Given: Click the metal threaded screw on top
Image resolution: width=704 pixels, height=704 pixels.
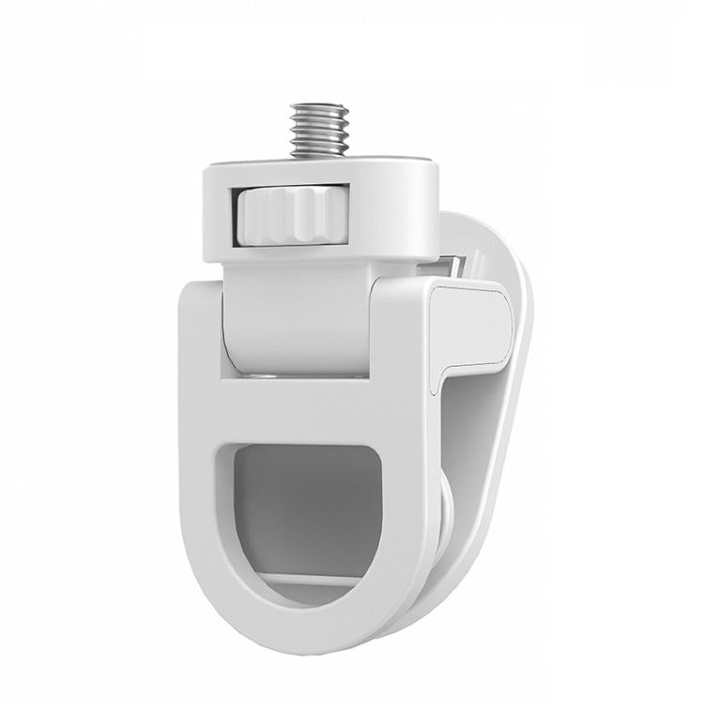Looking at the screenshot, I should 318,129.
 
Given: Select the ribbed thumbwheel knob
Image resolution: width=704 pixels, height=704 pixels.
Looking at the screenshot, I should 279,214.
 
